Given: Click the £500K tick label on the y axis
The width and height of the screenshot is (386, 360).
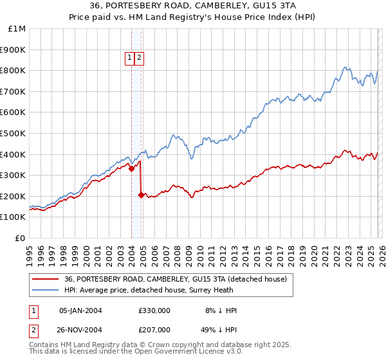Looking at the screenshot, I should coord(12,133).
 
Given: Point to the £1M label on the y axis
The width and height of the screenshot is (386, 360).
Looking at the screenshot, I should coord(17,28).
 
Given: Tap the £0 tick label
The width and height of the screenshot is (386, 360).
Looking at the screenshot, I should coord(21,238).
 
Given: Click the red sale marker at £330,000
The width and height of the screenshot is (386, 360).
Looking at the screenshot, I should coord(131,169).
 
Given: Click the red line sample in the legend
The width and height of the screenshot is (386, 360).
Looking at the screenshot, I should coord(46,279).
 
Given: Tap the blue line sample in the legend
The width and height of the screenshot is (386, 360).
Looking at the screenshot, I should coord(46,290).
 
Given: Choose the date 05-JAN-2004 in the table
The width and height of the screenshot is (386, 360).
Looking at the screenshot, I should coord(80,310).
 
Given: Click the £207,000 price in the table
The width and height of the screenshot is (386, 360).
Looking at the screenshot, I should coord(154,329).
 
